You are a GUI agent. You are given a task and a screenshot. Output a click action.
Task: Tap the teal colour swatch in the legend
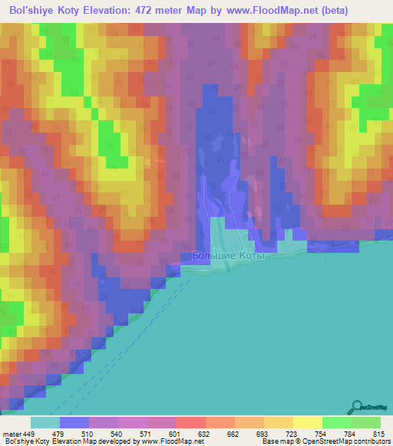[45, 422]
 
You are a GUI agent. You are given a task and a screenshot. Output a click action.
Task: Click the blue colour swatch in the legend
[74, 422]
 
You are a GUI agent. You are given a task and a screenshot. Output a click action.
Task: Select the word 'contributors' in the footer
[372, 441]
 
